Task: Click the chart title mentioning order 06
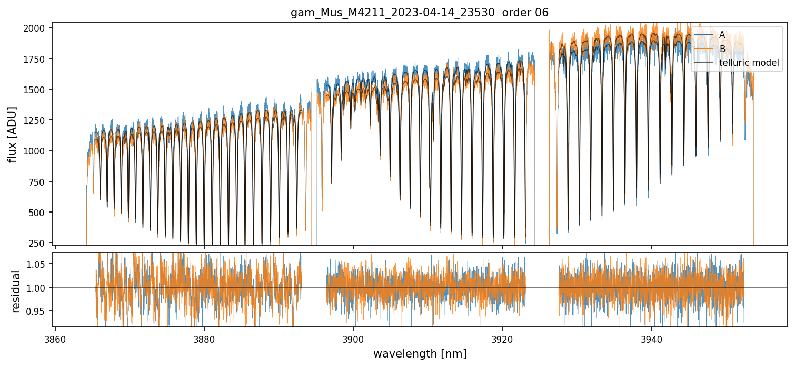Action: click(x=420, y=12)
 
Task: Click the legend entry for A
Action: click(x=722, y=35)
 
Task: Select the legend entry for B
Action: click(x=722, y=49)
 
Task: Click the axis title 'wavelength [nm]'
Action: click(x=420, y=353)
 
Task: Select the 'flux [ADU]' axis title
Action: click(x=12, y=134)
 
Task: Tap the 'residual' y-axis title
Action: click(x=16, y=291)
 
